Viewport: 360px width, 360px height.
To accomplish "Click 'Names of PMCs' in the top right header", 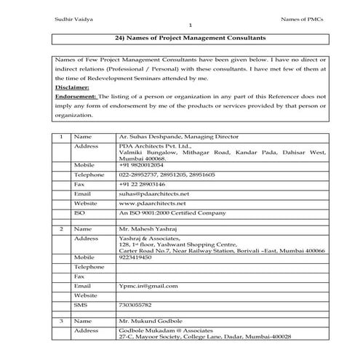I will pyautogui.click(x=300, y=17).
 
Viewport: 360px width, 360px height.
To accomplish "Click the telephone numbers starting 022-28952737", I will pyautogui.click(x=167, y=175).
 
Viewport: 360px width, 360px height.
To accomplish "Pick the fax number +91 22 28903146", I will pyautogui.click(x=142, y=185).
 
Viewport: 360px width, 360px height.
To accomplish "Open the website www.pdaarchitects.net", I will pyautogui.click(x=153, y=204).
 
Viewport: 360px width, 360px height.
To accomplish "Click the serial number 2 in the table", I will pyautogui.click(x=62, y=228).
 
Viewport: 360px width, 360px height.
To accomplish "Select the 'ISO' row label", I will pyautogui.click(x=79, y=215).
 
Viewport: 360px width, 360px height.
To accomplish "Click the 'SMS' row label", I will pyautogui.click(x=81, y=305).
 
